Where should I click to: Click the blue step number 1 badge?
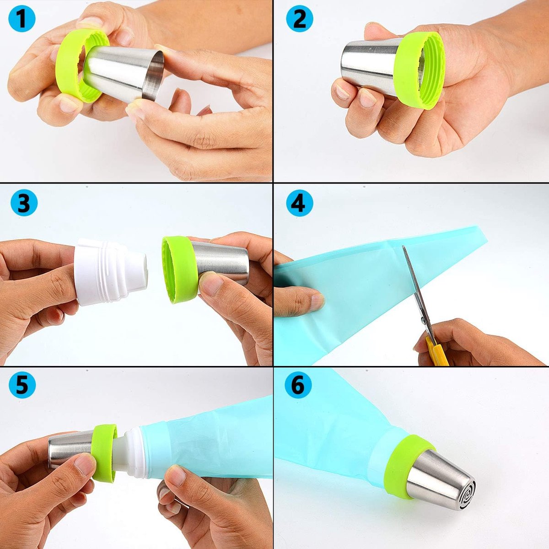pyautogui.click(x=22, y=18)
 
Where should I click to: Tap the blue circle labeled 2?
pyautogui.click(x=300, y=18)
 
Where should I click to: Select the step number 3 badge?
pyautogui.click(x=24, y=203)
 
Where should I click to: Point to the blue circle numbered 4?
pyautogui.click(x=300, y=203)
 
